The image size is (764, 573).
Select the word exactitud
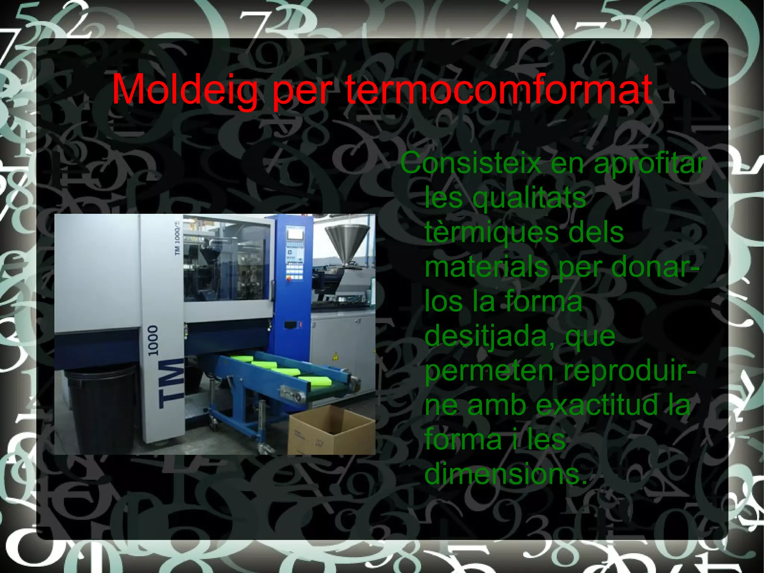pos(597,405)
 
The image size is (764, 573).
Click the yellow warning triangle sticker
pos(335,355)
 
